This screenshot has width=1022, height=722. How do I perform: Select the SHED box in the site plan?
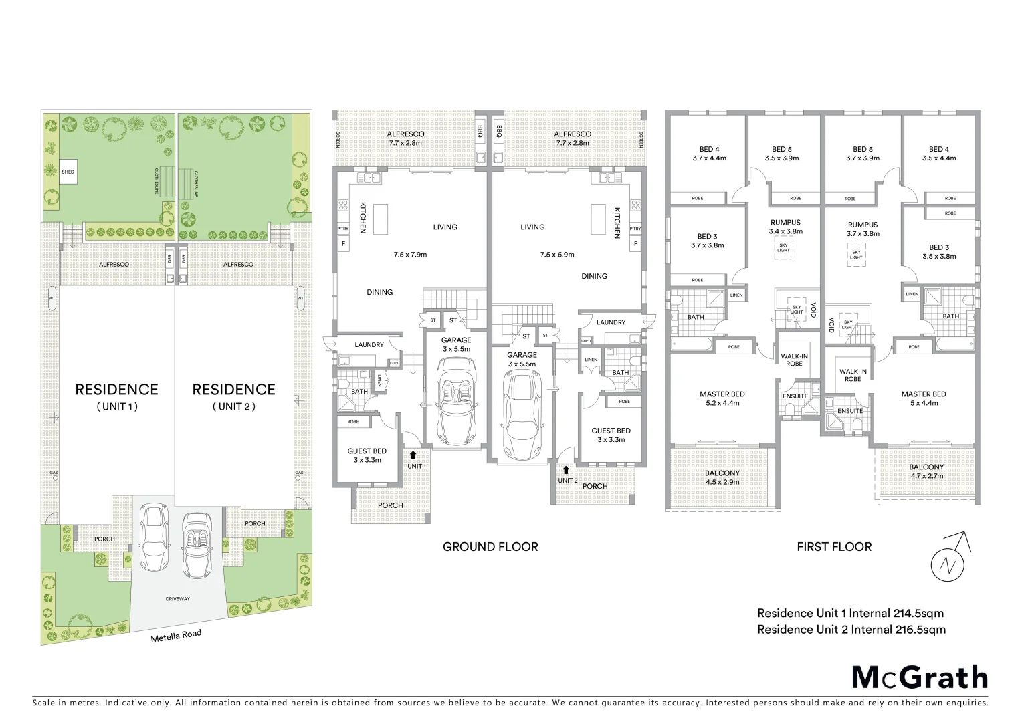68,172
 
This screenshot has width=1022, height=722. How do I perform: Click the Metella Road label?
176,636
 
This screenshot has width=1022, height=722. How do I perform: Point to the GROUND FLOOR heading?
490,547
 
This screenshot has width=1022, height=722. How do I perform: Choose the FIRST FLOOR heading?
833,547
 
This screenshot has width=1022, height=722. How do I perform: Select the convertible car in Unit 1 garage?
458,401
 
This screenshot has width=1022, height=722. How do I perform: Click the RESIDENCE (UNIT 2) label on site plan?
233,396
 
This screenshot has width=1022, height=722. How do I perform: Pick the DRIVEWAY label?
177,599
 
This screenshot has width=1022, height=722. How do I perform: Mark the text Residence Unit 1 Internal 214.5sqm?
850,613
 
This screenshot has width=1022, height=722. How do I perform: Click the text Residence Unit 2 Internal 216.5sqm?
851,629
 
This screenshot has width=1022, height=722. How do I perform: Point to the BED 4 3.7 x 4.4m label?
709,154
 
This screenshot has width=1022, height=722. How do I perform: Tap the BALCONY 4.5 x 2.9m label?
722,477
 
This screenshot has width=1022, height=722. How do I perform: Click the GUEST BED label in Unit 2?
611,435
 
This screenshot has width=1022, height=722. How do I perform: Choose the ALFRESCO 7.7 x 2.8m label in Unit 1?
405,138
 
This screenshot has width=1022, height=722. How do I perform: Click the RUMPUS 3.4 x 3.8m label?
785,227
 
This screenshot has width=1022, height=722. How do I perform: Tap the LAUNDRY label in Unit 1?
369,345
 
